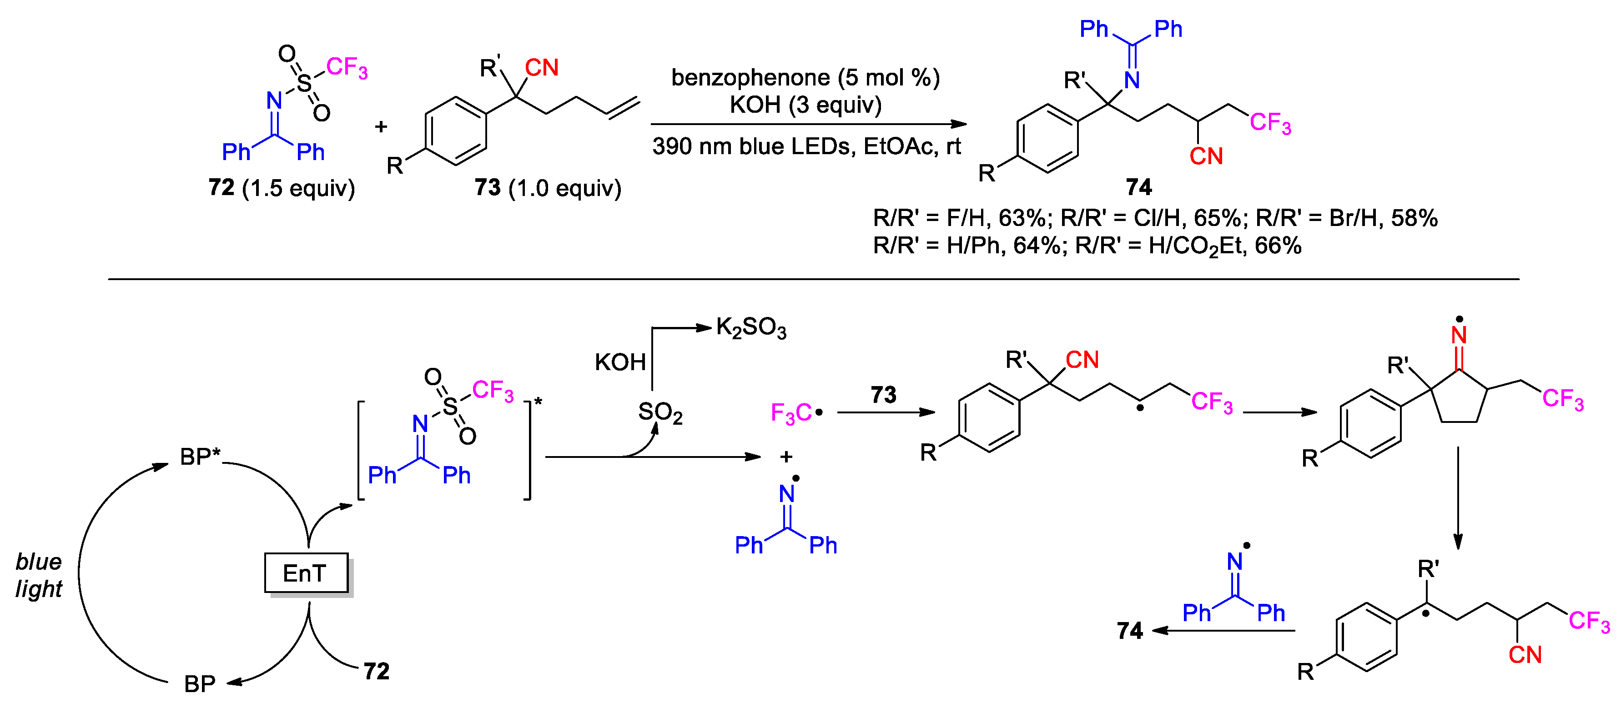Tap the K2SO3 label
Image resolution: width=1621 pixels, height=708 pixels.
coord(751,328)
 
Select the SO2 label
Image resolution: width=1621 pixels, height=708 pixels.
coord(659,413)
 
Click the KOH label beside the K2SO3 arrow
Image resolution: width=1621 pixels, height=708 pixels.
coord(620,362)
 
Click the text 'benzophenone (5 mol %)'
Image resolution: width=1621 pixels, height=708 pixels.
coord(805,77)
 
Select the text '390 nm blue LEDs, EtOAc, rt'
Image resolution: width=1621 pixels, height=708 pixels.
coord(806,146)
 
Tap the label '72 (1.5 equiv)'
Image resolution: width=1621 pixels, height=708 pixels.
coord(281,187)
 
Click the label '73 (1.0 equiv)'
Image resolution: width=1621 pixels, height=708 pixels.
coord(548,187)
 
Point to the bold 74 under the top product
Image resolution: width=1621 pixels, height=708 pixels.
coord(1138,187)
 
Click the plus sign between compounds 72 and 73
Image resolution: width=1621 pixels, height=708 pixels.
coord(381,126)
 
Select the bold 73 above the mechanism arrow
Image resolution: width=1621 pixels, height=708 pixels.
coord(883,395)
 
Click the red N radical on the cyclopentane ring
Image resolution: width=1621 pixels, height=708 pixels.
coord(1459,334)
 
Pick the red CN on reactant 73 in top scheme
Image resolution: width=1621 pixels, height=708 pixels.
coord(541,68)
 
